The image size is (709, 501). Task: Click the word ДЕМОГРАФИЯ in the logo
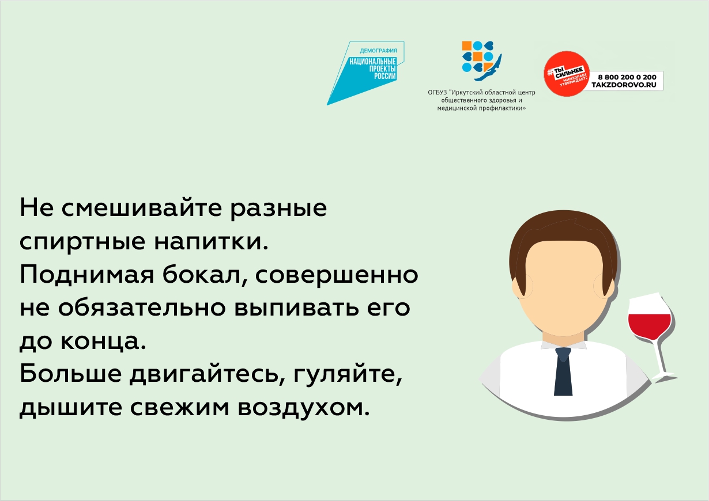pyautogui.click(x=378, y=51)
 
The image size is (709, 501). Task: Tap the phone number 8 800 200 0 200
pyautogui.click(x=627, y=77)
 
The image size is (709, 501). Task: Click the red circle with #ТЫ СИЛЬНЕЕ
pyautogui.click(x=567, y=73)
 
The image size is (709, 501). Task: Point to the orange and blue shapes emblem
pyautogui.click(x=481, y=60)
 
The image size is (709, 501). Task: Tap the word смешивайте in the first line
pyautogui.click(x=141, y=208)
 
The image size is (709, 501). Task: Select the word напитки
pyautogui.click(x=211, y=242)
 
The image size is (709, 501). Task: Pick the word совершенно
pyautogui.click(x=337, y=275)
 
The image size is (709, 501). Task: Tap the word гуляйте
pyautogui.click(x=348, y=374)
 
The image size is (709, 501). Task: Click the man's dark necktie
pyautogui.click(x=563, y=371)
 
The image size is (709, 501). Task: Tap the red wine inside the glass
pyautogui.click(x=649, y=327)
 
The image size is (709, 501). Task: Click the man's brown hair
pyautogui.click(x=563, y=240)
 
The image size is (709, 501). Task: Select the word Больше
pyautogui.click(x=71, y=373)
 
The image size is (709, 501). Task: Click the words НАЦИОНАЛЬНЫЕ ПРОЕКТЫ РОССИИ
pyautogui.click(x=373, y=69)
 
